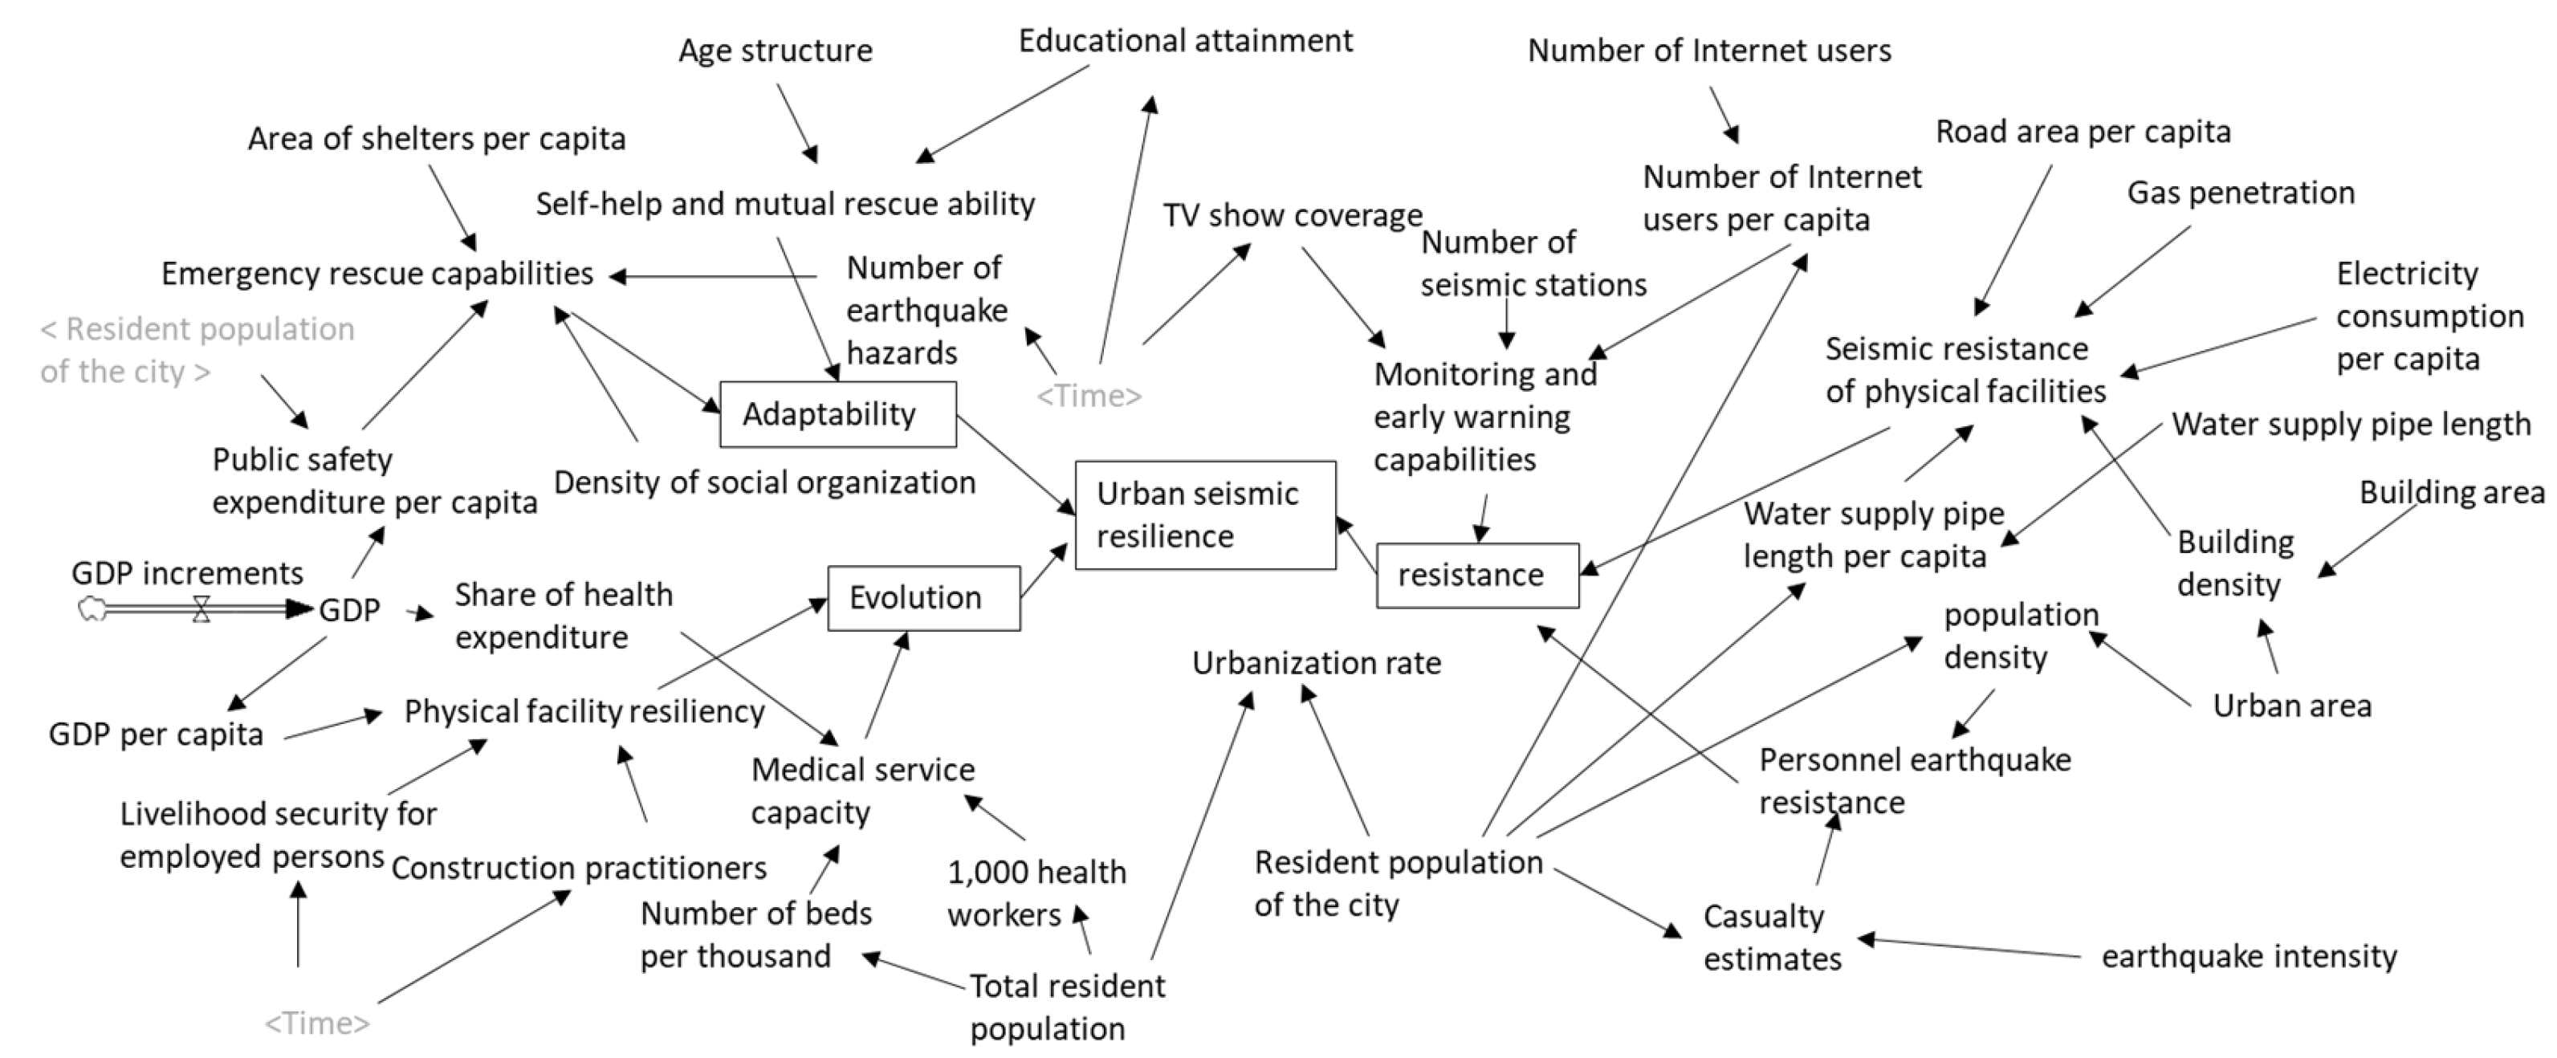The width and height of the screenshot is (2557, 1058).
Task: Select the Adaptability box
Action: [838, 414]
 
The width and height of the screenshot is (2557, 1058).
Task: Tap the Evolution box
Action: [923, 597]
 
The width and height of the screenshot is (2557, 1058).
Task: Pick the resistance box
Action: [1476, 575]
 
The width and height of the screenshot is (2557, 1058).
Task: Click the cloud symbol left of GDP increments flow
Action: [92, 608]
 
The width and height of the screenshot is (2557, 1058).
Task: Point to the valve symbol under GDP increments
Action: [202, 608]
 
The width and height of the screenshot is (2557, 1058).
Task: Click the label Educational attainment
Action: [1185, 42]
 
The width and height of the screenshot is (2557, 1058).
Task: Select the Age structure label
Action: [776, 51]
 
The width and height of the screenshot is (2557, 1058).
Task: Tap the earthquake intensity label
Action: [2248, 957]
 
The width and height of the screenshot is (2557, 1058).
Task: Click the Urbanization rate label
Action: [1316, 663]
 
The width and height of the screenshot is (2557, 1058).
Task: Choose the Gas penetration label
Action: [2241, 193]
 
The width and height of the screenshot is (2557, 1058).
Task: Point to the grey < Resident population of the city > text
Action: [197, 349]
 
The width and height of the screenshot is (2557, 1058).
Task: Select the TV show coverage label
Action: [1293, 215]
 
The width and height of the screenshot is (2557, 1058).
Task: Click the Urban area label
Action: [2291, 706]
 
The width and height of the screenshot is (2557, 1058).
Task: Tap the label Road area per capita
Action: [2083, 132]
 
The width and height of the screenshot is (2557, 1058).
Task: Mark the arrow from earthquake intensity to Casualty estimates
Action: [1970, 947]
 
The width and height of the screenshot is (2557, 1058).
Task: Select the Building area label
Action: [2451, 492]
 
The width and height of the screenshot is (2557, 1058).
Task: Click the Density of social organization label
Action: [764, 482]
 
